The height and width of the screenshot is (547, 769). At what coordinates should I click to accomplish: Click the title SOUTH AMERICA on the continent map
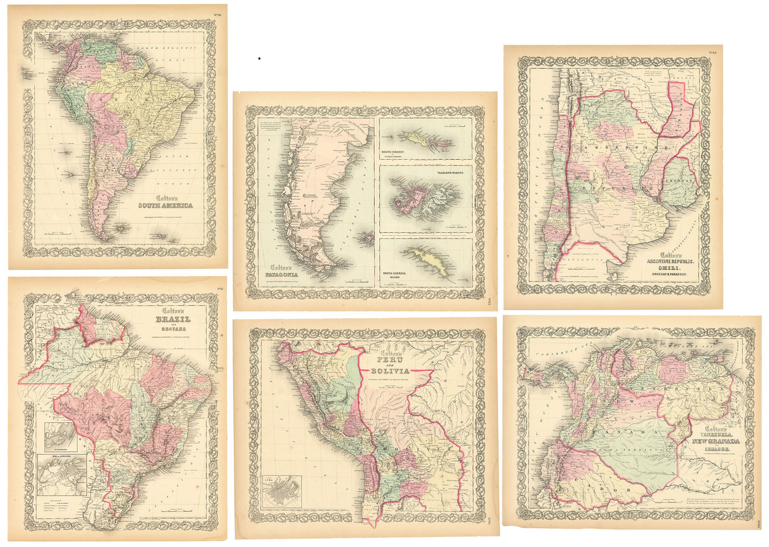166,206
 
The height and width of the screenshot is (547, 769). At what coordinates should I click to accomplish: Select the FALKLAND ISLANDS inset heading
453,173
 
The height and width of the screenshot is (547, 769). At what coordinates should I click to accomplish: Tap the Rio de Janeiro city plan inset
62,475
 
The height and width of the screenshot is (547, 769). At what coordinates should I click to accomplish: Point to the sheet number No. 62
713,52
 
